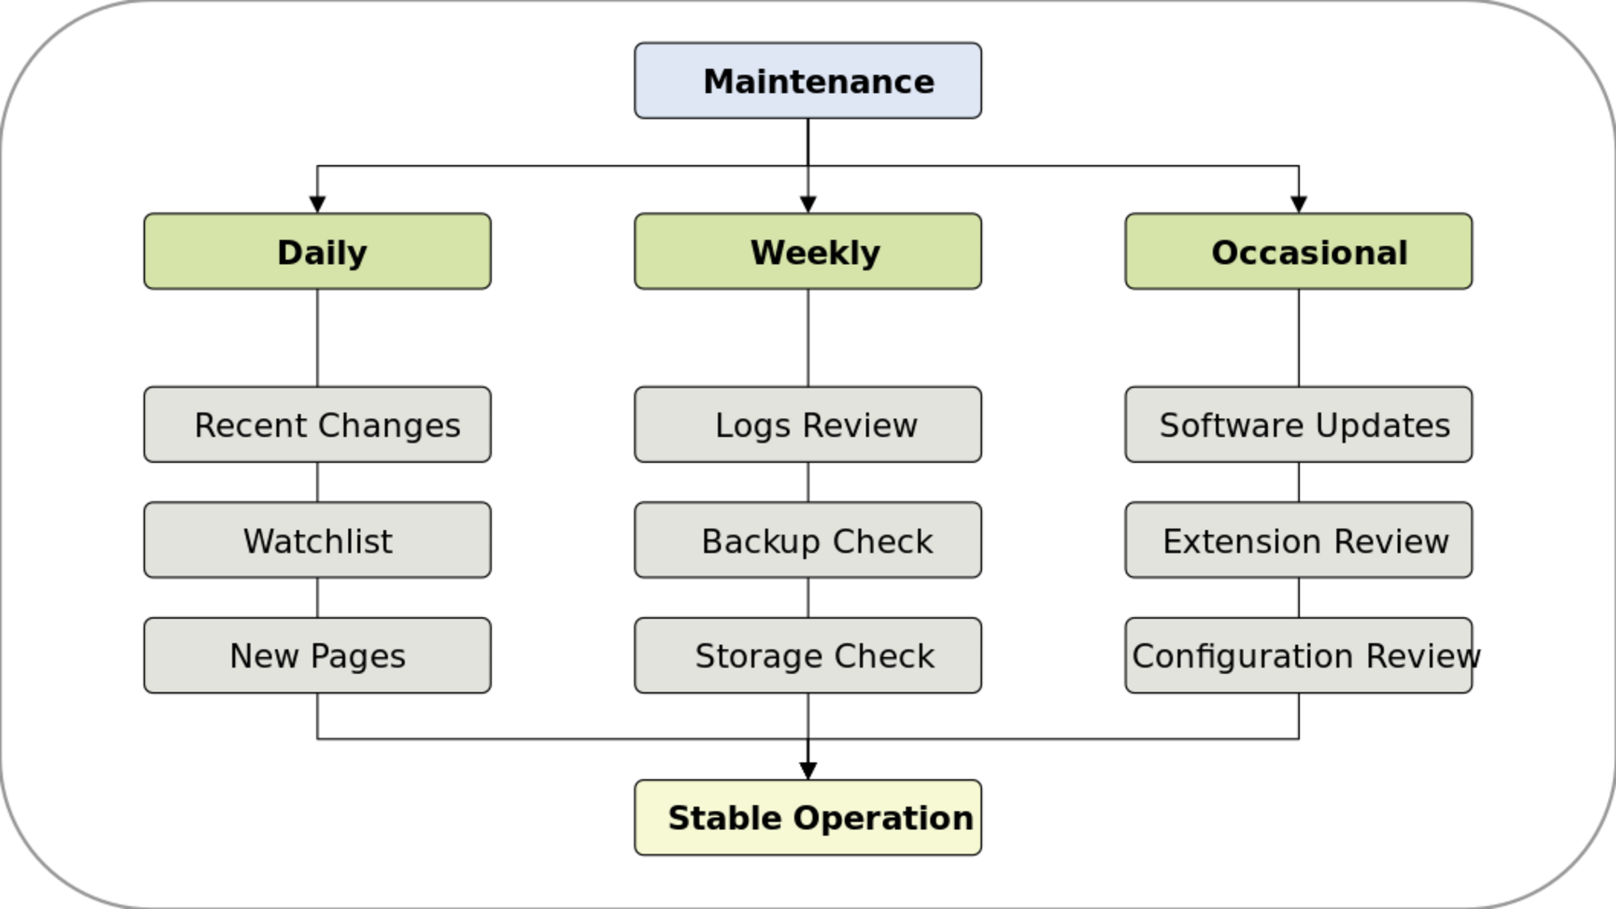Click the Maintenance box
coord(808,81)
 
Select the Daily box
coord(318,251)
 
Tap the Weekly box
coord(808,251)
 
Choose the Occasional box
coord(1298,251)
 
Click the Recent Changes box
coord(318,424)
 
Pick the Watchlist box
coord(318,540)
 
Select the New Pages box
coord(318,655)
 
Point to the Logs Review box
coord(808,424)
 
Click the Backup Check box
coord(808,540)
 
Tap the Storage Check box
coord(808,655)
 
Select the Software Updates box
coord(1298,424)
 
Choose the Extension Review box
coord(1298,540)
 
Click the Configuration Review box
coord(1298,655)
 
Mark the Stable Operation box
coord(808,817)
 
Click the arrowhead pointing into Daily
coord(318,205)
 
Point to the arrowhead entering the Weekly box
coord(808,205)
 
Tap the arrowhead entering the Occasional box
coord(1298,205)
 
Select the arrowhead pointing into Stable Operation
coord(808,771)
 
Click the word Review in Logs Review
coord(860,425)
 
